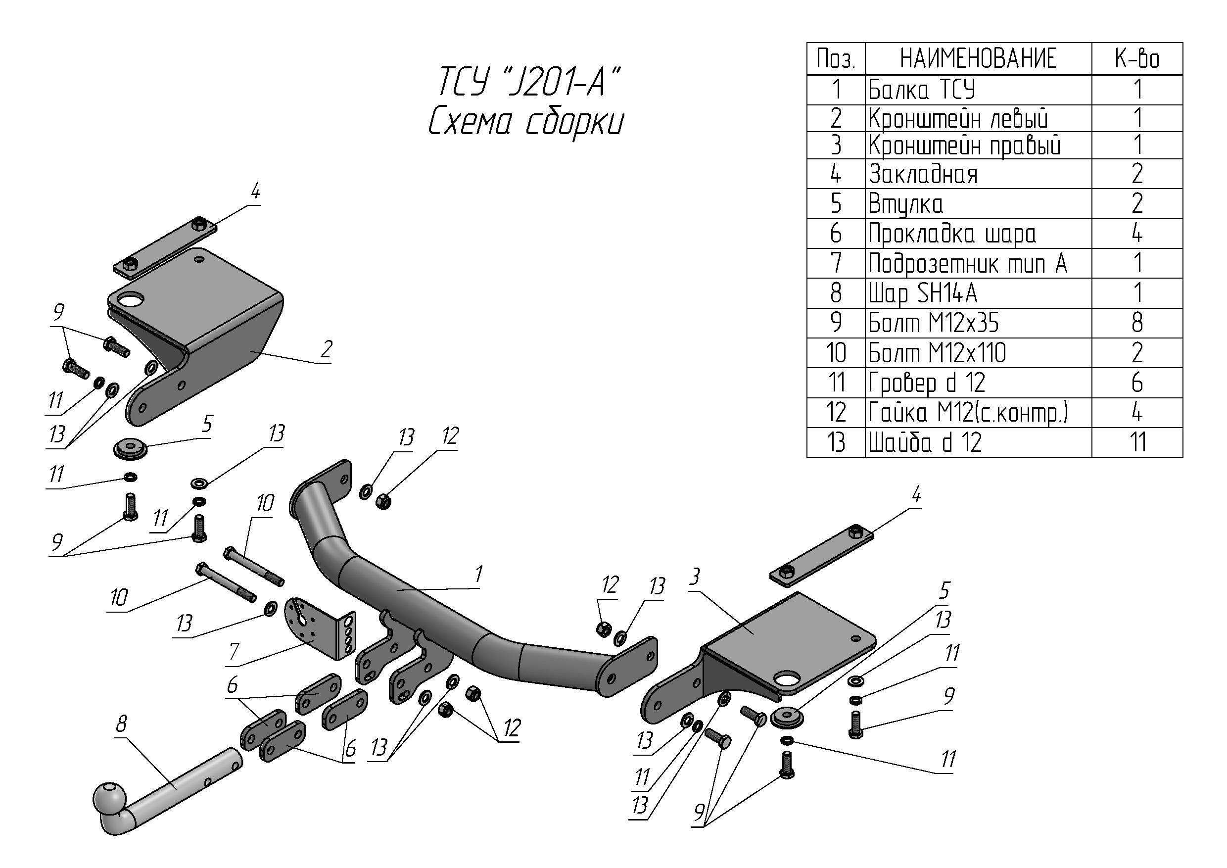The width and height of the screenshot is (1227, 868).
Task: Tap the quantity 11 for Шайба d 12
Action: click(x=1137, y=442)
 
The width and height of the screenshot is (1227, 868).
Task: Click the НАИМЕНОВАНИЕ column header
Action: click(x=978, y=59)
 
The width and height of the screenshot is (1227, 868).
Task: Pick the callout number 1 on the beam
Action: click(x=478, y=575)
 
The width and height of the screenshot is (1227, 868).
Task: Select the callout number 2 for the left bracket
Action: click(x=326, y=349)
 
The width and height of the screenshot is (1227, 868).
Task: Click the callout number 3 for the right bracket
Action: click(x=695, y=577)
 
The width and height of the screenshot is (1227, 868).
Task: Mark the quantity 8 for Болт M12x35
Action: click(x=1137, y=323)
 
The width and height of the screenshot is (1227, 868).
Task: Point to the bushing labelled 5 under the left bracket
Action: click(x=131, y=448)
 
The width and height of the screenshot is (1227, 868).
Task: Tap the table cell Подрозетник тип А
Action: click(x=967, y=263)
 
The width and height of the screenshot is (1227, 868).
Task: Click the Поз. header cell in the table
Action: click(x=836, y=59)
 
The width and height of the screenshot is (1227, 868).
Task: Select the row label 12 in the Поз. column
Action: click(x=836, y=413)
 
